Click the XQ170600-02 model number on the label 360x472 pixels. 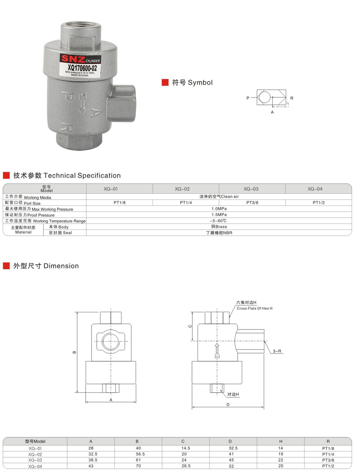[x=83, y=68]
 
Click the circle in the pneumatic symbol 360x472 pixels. [x=264, y=98]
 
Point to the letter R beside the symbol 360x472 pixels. [x=292, y=98]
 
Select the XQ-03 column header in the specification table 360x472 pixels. [x=251, y=189]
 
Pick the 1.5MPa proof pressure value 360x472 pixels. [x=219, y=215]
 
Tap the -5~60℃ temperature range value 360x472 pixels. [x=219, y=221]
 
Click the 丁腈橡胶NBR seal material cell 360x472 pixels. [x=219, y=233]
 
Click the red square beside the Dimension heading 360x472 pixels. [x=6, y=266]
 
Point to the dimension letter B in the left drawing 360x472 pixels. [x=74, y=353]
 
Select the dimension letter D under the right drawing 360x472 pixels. [x=228, y=404]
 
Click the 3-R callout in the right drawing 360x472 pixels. [x=277, y=351]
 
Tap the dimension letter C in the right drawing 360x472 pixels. [x=190, y=326]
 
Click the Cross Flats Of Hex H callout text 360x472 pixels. [x=254, y=308]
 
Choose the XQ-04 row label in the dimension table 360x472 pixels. [x=35, y=466]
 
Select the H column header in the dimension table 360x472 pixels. [x=281, y=441]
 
